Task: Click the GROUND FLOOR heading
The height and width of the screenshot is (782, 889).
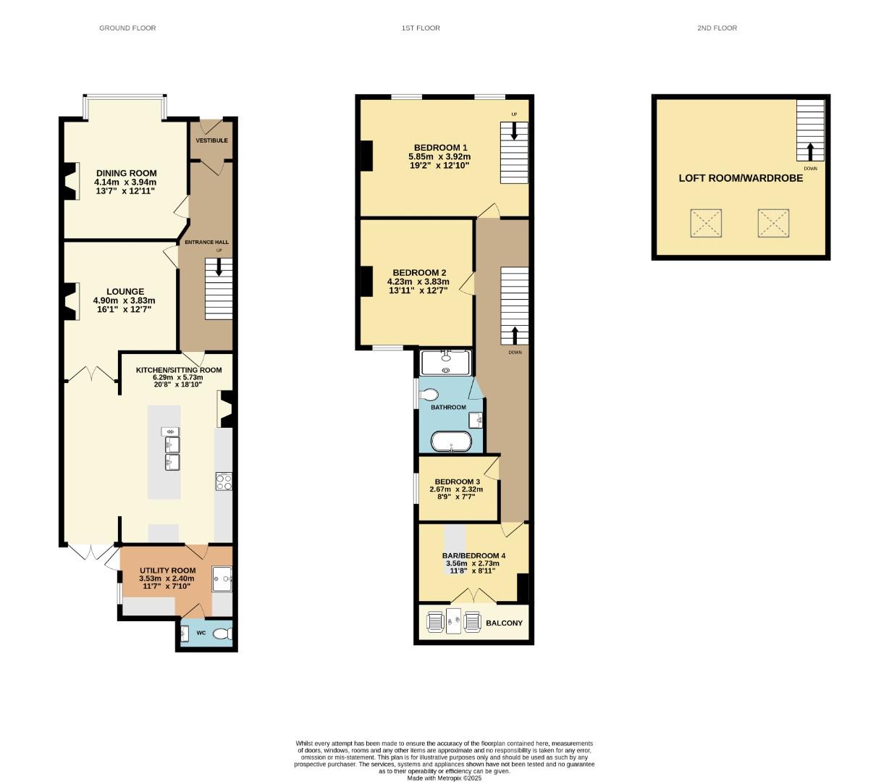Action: pyautogui.click(x=127, y=28)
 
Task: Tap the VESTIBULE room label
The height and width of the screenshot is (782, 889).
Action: pyautogui.click(x=211, y=140)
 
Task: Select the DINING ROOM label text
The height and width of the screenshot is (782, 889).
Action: pyautogui.click(x=126, y=173)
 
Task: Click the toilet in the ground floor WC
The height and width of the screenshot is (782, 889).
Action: pyautogui.click(x=223, y=634)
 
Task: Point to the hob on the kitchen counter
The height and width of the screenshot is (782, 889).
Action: pyautogui.click(x=224, y=482)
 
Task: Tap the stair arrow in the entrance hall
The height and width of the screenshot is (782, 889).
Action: pyautogui.click(x=219, y=268)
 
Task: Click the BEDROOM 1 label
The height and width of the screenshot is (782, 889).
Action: pyautogui.click(x=439, y=148)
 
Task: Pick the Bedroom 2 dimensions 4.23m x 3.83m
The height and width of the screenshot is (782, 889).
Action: pyautogui.click(x=418, y=282)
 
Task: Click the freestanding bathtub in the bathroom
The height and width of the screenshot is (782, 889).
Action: pyautogui.click(x=451, y=442)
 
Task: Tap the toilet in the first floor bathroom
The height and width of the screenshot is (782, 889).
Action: pyautogui.click(x=429, y=395)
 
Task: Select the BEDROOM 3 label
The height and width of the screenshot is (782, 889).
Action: pyautogui.click(x=457, y=482)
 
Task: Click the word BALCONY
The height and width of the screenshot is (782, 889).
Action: pyautogui.click(x=504, y=623)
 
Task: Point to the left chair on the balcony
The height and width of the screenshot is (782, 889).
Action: pyautogui.click(x=435, y=622)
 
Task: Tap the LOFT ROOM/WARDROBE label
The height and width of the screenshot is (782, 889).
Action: pyautogui.click(x=741, y=178)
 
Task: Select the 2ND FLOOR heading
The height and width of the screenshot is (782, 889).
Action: pyautogui.click(x=717, y=28)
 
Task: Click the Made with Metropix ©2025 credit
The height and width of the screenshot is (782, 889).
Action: pyautogui.click(x=444, y=778)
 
